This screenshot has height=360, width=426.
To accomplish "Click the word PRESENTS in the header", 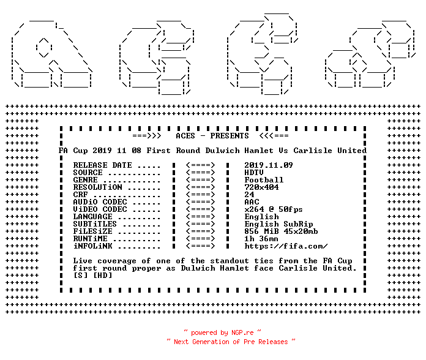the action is (x=230, y=135).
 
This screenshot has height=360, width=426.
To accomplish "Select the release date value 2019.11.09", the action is (x=269, y=165).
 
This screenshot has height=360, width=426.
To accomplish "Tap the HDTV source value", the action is (x=254, y=172).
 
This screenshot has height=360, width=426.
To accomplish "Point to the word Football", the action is (x=264, y=179).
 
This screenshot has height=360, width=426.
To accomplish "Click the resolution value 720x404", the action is (x=261, y=187).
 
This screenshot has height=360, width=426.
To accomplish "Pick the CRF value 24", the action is (x=249, y=194).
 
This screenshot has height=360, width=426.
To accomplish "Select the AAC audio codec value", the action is (x=252, y=201).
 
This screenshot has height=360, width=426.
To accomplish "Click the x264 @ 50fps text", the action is (x=274, y=209).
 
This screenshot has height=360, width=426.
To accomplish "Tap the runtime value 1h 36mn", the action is (x=261, y=239).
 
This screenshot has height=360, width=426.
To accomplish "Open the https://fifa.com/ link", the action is (x=286, y=246).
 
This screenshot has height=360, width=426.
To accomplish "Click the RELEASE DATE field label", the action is (x=102, y=165).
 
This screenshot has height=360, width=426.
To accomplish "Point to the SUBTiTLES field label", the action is (x=95, y=223).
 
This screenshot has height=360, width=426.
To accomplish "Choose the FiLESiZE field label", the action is (x=92, y=231).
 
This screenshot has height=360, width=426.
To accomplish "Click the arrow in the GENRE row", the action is (x=201, y=179).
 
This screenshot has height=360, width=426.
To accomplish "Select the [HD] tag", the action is (x=102, y=275).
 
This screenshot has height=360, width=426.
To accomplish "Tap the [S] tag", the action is (x=80, y=275).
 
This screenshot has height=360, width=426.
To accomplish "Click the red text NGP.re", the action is (x=242, y=332).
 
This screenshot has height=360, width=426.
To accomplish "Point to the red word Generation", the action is (x=211, y=342).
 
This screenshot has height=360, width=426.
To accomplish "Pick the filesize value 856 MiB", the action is (x=261, y=231).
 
